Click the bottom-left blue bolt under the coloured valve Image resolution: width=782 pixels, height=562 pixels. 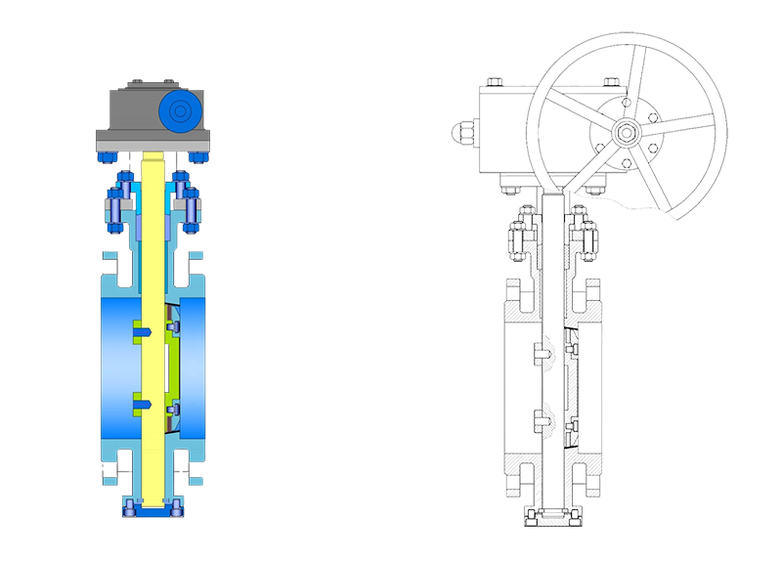131,506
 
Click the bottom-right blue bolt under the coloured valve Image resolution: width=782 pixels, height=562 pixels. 175,506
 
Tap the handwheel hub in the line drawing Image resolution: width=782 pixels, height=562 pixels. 624,130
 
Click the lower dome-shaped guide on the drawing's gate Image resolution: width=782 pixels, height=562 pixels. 553,414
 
